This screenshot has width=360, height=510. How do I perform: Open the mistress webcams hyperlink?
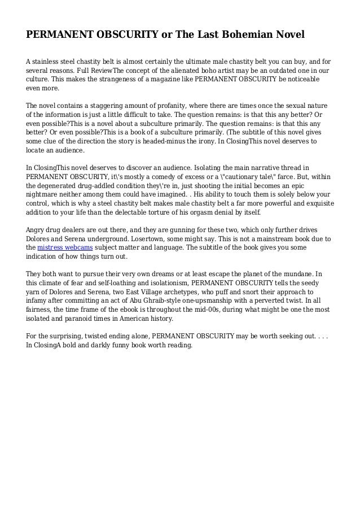(60, 249)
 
